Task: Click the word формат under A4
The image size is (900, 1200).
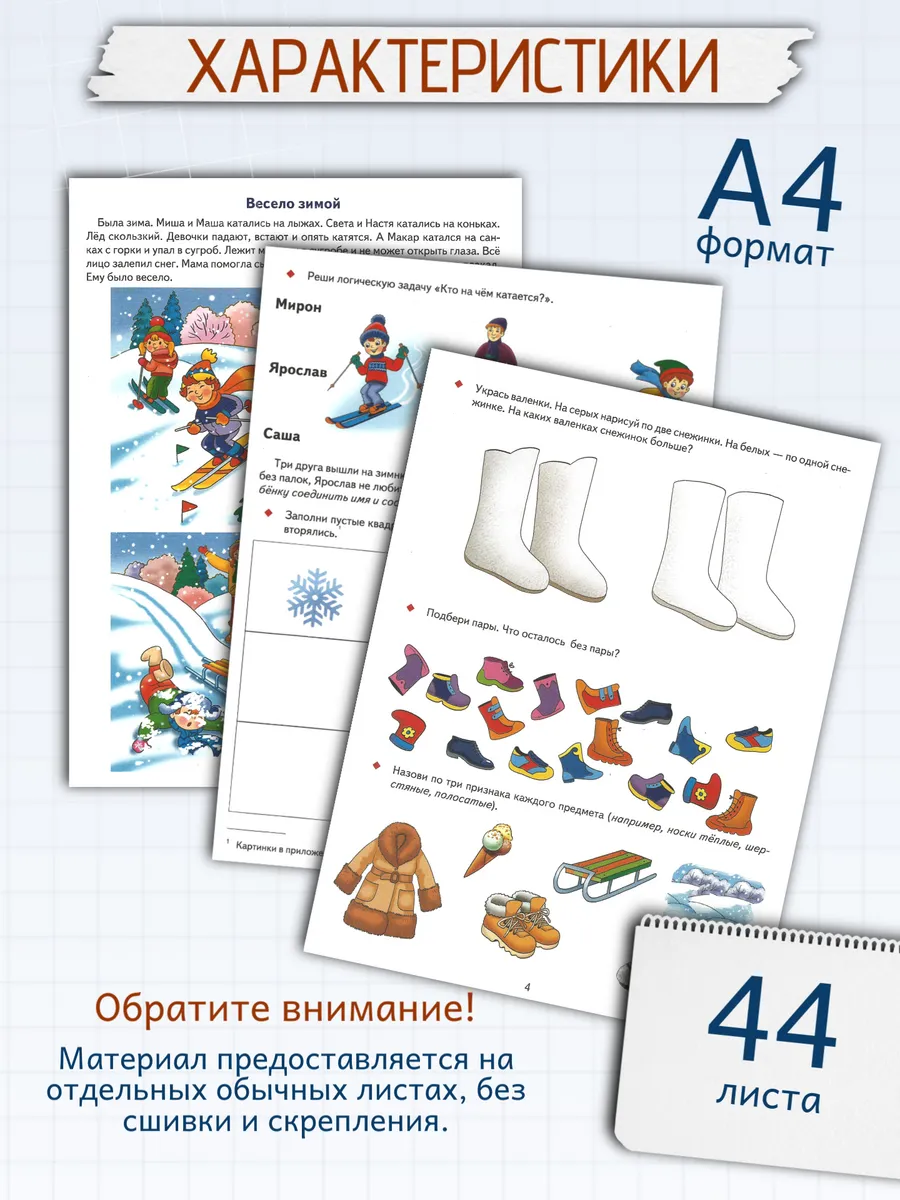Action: [765, 246]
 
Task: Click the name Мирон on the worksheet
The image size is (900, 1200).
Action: [298, 306]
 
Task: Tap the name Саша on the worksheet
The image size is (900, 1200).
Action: [281, 435]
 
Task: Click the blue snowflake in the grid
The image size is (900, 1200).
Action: [315, 597]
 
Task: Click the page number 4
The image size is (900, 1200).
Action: [527, 988]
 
